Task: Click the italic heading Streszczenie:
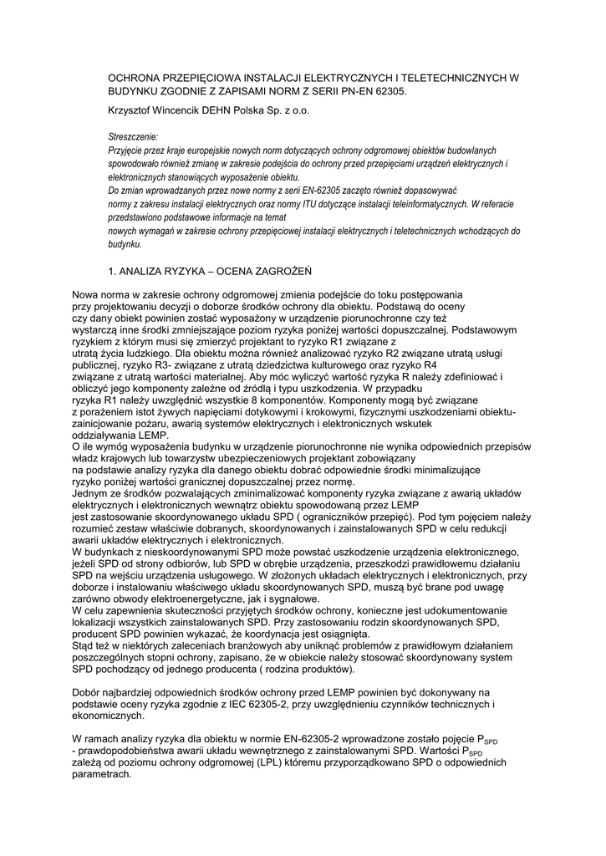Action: point(133,135)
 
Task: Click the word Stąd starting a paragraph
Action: point(84,647)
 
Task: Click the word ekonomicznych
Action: point(109,717)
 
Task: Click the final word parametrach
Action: point(102,775)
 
